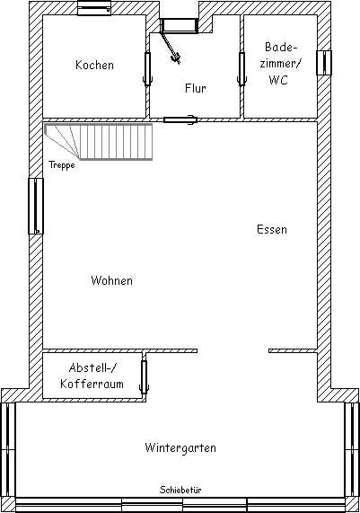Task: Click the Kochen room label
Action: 94,65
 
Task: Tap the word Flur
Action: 196,88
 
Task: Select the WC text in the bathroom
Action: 278,80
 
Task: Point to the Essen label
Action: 272,229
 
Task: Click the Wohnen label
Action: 112,280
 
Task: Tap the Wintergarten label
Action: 180,447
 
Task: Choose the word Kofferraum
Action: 92,384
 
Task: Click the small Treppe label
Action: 62,165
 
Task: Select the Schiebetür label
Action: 180,490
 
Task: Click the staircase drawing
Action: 99,142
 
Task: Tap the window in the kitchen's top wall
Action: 94,8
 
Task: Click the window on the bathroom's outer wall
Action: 324,63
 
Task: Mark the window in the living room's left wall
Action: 36,206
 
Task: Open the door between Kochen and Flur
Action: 147,68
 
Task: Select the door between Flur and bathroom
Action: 241,68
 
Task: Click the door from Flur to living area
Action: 180,120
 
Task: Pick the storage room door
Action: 144,376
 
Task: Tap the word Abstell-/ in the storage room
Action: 92,367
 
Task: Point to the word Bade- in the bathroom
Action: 281,47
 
